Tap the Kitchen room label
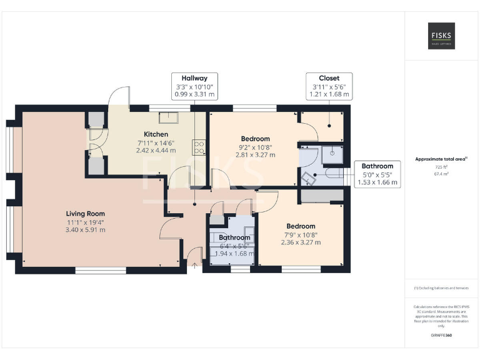click(156, 134)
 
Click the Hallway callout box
click(194, 86)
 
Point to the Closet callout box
click(328, 86)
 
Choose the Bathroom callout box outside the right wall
click(377, 174)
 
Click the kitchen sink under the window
click(167, 116)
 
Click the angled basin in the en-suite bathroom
click(307, 178)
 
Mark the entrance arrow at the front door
click(194, 266)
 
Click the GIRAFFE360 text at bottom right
click(442, 336)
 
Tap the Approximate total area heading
click(441, 159)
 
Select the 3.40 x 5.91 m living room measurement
click(86, 230)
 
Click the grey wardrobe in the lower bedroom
click(319, 197)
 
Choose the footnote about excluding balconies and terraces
click(441, 287)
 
